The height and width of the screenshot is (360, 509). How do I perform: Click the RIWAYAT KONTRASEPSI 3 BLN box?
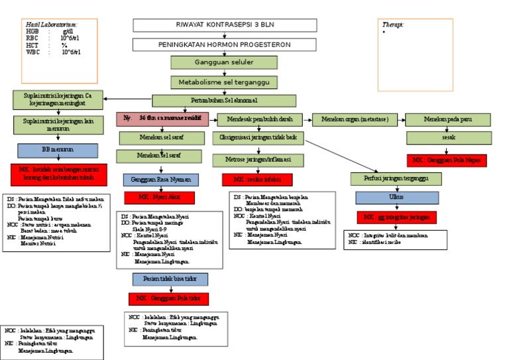(205, 25)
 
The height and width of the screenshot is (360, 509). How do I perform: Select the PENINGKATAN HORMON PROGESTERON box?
(205, 44)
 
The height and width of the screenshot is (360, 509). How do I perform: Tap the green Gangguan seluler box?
(205, 62)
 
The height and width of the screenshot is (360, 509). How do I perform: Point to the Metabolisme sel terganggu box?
(223, 82)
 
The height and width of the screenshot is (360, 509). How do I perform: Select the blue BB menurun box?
(58, 150)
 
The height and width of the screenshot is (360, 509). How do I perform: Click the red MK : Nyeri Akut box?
(159, 198)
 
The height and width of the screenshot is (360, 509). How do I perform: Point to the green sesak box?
(448, 138)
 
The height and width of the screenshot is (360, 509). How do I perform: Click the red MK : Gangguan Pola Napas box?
(447, 160)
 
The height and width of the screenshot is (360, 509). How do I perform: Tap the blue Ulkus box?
(396, 198)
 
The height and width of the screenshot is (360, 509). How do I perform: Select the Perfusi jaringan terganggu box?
(396, 179)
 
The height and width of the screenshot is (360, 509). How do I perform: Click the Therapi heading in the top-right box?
(393, 25)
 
